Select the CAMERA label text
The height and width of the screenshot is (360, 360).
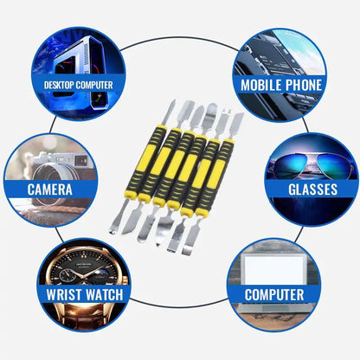pyautogui.click(x=50, y=190)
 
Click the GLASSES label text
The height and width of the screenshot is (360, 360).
pyautogui.click(x=313, y=190)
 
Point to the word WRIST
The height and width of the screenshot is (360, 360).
pyautogui.click(x=64, y=294)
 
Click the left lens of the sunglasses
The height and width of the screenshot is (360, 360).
pyautogui.click(x=289, y=166)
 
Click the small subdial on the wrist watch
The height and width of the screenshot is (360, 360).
pyautogui.click(x=66, y=273)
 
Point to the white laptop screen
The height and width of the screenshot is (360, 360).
pyautogui.click(x=273, y=270)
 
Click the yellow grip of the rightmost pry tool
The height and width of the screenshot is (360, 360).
pyautogui.click(x=216, y=174)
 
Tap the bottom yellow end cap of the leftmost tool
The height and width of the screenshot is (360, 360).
pyautogui.click(x=130, y=195)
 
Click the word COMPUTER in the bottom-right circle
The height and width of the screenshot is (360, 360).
pyautogui.click(x=274, y=294)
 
